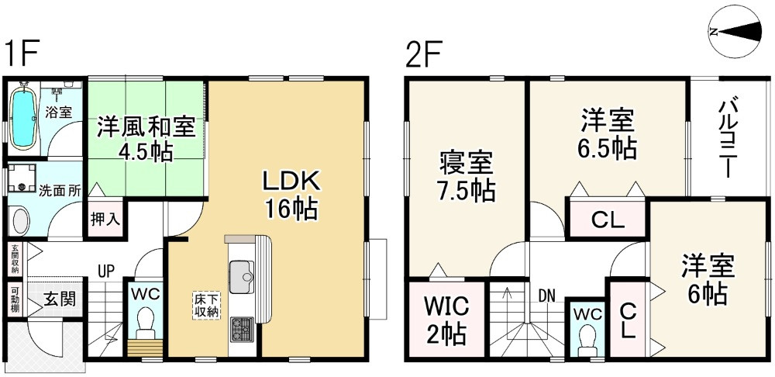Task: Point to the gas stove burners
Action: tap(242, 328)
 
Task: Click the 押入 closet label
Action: tap(105, 219)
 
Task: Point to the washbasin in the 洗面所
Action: tap(21, 221)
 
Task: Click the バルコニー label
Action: tap(728, 139)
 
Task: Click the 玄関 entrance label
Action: tap(60, 299)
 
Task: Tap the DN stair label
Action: tap(546, 296)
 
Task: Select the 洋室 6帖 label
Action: tap(708, 279)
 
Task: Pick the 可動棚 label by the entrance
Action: tap(14, 299)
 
